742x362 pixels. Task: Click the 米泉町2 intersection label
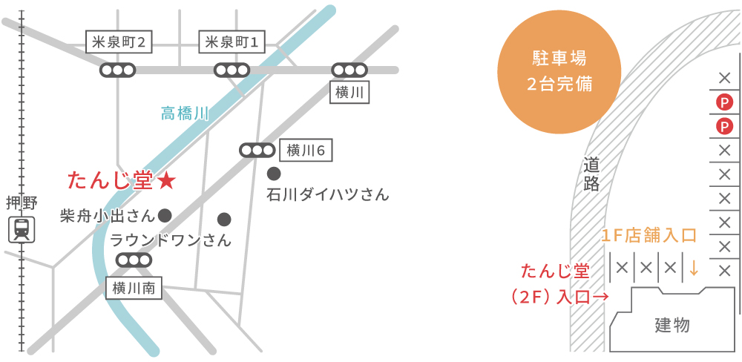pyautogui.click(x=119, y=43)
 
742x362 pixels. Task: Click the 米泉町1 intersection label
pyautogui.click(x=232, y=43)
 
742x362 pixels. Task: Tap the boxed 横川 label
pyautogui.click(x=349, y=93)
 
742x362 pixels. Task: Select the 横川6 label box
pyautogui.click(x=306, y=151)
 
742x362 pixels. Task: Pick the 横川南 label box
pyautogui.click(x=134, y=289)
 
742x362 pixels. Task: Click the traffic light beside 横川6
pyautogui.click(x=257, y=151)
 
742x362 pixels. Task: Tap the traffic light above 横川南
pyautogui.click(x=134, y=260)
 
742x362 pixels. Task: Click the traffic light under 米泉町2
pyautogui.click(x=118, y=70)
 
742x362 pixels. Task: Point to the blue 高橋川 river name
pyautogui.click(x=185, y=113)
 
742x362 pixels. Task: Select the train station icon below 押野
pyautogui.click(x=22, y=229)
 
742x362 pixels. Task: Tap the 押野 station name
pyautogui.click(x=22, y=203)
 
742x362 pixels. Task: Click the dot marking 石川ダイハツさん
pyautogui.click(x=274, y=174)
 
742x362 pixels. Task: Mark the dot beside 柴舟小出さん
pyautogui.click(x=165, y=215)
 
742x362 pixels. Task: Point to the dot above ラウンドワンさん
pyautogui.click(x=224, y=219)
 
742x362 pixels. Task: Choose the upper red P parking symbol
pyautogui.click(x=724, y=102)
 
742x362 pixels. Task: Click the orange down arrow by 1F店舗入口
pyautogui.click(x=694, y=267)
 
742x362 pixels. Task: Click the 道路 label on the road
pyautogui.click(x=591, y=174)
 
